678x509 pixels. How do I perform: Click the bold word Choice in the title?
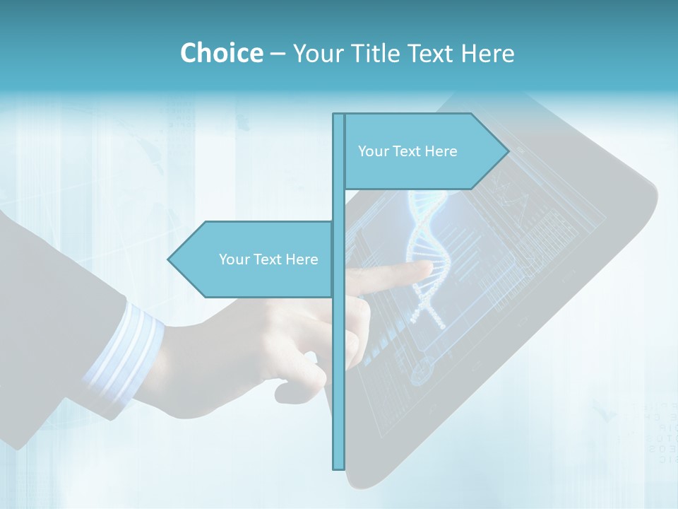(x=221, y=53)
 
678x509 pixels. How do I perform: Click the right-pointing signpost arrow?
(x=424, y=151)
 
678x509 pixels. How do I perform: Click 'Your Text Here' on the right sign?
(x=408, y=151)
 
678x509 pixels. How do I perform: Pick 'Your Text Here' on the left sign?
(x=268, y=259)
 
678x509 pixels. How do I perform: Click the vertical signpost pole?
(x=338, y=353)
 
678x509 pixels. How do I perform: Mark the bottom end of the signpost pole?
(x=338, y=467)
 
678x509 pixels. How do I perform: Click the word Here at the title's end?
(x=487, y=53)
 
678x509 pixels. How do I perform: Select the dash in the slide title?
(x=278, y=54)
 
